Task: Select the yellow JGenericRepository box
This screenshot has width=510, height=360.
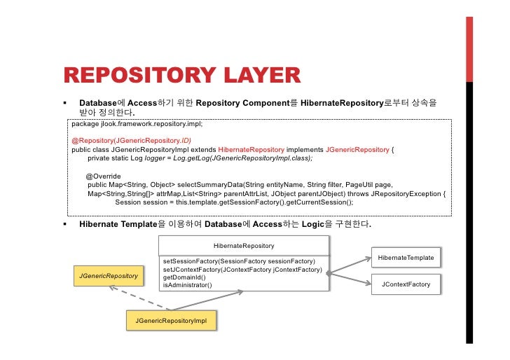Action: click(107, 277)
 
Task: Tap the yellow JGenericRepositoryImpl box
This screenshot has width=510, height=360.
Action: click(172, 320)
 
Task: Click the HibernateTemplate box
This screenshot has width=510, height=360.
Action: click(406, 258)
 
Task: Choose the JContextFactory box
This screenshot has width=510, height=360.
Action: click(406, 284)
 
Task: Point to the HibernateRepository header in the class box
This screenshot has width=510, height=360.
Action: click(244, 246)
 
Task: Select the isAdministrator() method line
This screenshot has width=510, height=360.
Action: click(187, 285)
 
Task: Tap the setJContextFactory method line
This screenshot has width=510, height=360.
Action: click(242, 270)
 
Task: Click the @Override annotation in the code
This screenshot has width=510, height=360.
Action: click(104, 176)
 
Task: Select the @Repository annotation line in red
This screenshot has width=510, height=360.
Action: click(127, 141)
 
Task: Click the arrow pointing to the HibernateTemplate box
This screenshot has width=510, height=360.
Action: click(350, 264)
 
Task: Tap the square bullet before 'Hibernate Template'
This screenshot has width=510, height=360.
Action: click(64, 225)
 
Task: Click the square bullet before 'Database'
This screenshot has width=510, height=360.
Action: click(64, 103)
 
